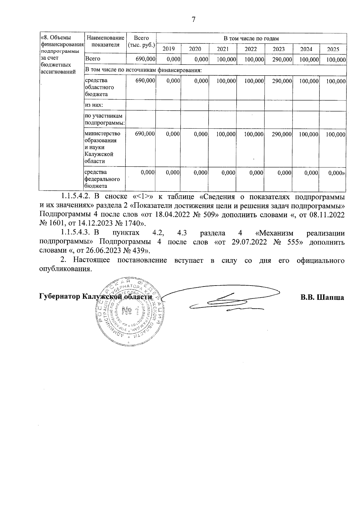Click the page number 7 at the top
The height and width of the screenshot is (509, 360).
(x=193, y=20)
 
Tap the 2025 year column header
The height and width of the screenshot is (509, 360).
(x=333, y=49)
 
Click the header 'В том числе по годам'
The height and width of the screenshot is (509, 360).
(x=251, y=38)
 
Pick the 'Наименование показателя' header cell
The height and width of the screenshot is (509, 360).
(x=105, y=41)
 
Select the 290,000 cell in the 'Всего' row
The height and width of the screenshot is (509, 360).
(x=282, y=59)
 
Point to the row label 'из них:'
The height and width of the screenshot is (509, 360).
(x=94, y=105)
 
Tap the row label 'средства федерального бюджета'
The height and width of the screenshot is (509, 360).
(x=102, y=179)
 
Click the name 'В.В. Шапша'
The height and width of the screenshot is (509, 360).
(x=322, y=297)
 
